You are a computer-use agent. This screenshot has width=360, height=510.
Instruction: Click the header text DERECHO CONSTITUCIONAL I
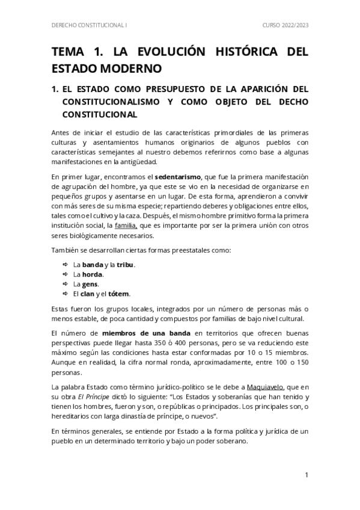coord(90,26)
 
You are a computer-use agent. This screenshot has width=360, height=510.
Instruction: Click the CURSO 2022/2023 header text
coord(284,26)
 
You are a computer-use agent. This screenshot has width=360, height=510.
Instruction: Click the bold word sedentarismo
coord(180,177)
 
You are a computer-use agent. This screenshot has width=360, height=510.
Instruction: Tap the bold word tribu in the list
coord(125,265)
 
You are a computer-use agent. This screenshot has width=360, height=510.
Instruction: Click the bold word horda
coord(93,274)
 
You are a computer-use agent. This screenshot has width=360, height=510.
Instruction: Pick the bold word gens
coord(91,284)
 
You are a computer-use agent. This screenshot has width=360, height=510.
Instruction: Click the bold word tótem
coord(119,293)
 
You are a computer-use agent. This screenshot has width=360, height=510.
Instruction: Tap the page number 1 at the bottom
coord(307,475)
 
